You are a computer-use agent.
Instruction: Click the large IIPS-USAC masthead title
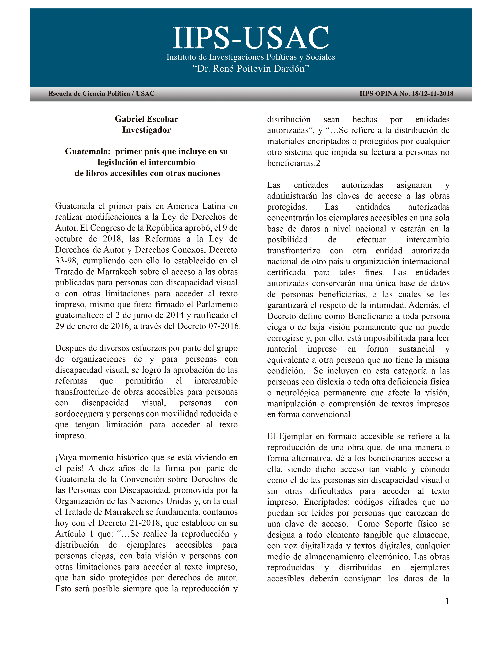(251, 38)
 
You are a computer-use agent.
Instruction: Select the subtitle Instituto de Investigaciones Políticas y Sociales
(251, 57)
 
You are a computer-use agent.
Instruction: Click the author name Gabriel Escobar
(146, 119)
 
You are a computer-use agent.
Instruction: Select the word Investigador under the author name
(146, 130)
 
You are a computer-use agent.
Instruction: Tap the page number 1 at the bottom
(447, 601)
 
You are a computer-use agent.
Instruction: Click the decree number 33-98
(66, 261)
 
